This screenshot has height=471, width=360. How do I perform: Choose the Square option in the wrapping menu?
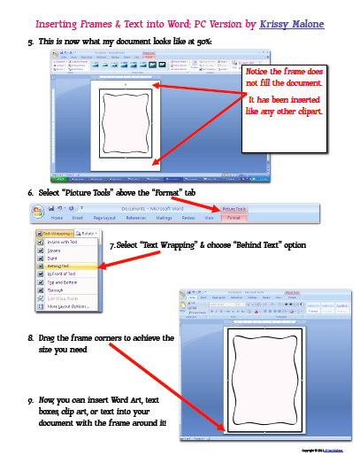(55, 250)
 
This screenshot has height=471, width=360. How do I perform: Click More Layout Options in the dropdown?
(70, 306)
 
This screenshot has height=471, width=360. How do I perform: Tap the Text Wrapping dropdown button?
(57, 233)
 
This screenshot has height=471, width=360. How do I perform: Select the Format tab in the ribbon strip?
(234, 217)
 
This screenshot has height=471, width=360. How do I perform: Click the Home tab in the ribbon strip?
(57, 217)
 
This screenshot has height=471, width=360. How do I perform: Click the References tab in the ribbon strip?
(136, 217)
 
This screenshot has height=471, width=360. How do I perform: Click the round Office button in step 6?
(37, 212)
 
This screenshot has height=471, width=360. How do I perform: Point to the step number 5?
(30, 42)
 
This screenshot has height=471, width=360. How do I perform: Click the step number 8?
(30, 338)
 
